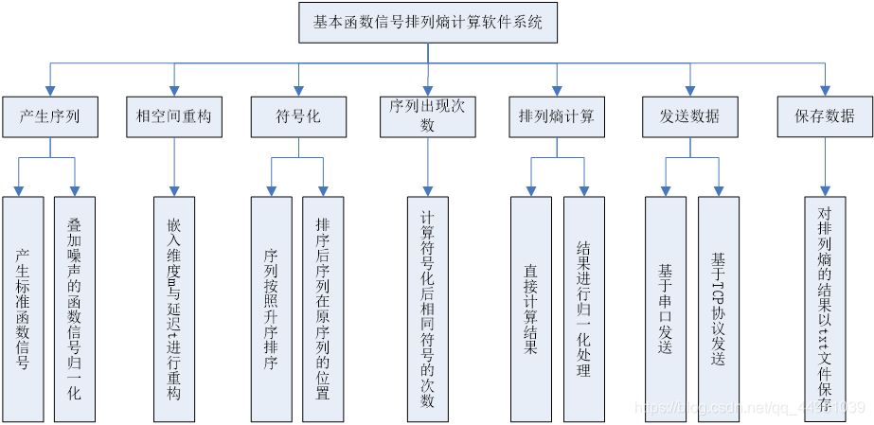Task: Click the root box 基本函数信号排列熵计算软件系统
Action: pyautogui.click(x=428, y=23)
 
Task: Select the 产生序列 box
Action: pyautogui.click(x=49, y=117)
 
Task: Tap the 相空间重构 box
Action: pyautogui.click(x=174, y=117)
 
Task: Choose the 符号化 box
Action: pyautogui.click(x=298, y=117)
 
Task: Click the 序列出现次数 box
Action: pyautogui.click(x=427, y=117)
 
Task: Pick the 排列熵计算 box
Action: pyautogui.click(x=557, y=117)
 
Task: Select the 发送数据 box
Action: pyautogui.click(x=689, y=117)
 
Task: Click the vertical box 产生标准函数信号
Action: pyautogui.click(x=23, y=309)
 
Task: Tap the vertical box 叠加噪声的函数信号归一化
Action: pyautogui.click(x=75, y=309)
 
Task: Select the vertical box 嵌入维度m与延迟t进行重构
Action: pyautogui.click(x=174, y=309)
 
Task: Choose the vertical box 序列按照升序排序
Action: pyautogui.click(x=271, y=309)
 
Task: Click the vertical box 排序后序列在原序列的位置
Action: pyautogui.click(x=323, y=309)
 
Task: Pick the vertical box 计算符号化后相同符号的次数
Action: pyautogui.click(x=427, y=309)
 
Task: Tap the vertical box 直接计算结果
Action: pyautogui.click(x=530, y=309)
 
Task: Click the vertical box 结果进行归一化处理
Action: pyautogui.click(x=583, y=309)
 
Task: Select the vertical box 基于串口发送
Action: pyautogui.click(x=665, y=309)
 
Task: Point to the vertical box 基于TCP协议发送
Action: pyautogui.click(x=718, y=309)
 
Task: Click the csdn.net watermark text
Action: pyautogui.click(x=748, y=408)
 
